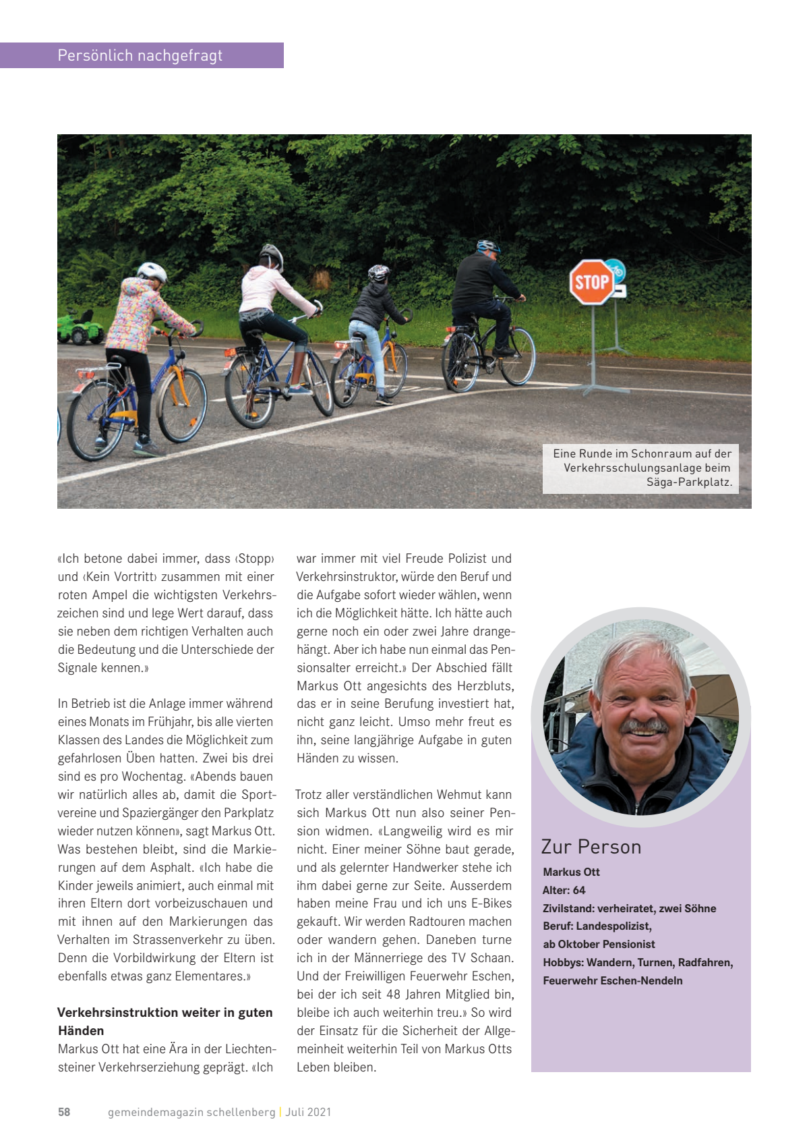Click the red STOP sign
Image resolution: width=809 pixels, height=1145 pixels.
click(591, 281)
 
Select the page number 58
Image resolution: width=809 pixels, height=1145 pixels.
click(64, 1112)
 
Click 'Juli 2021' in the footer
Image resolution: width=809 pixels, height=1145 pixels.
click(308, 1112)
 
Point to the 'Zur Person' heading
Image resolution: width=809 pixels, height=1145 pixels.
click(591, 847)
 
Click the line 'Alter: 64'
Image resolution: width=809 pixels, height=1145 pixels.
click(564, 890)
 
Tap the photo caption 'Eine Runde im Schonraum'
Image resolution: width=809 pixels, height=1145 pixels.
click(641, 468)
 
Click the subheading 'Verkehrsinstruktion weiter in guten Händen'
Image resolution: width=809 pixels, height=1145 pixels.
click(165, 1021)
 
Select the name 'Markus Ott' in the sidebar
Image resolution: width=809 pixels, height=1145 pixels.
click(571, 872)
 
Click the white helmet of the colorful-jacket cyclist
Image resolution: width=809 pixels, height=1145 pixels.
click(152, 272)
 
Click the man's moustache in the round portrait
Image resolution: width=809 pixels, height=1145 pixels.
click(644, 727)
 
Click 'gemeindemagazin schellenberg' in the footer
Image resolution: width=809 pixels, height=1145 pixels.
click(191, 1112)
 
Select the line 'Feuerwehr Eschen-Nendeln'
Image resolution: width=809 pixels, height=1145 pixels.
click(612, 980)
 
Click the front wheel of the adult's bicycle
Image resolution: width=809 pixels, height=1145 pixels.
click(518, 356)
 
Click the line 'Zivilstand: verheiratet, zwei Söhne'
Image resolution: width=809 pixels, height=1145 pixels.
click(629, 908)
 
